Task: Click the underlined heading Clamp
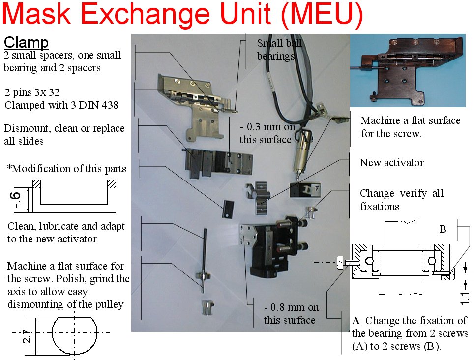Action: (26, 42)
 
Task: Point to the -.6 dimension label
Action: (17, 201)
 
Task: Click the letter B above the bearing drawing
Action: (443, 229)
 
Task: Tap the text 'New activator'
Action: (391, 163)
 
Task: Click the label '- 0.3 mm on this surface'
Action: (266, 134)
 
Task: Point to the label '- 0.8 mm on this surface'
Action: (290, 314)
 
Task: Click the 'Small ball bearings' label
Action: (279, 49)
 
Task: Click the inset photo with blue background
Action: (407, 70)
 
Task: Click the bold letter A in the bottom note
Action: (356, 321)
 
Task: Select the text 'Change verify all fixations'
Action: (401, 200)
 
